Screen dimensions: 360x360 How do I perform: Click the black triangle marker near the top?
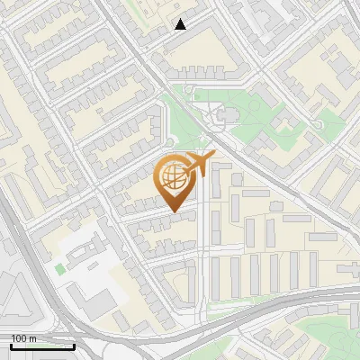(x=181, y=24)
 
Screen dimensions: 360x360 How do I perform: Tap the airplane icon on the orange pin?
(x=197, y=165)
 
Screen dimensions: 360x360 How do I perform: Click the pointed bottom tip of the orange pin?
(x=175, y=212)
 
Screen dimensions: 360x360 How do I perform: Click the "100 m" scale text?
(x=24, y=337)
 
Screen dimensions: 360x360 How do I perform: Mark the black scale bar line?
(x=42, y=346)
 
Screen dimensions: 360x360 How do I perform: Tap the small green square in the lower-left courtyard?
(x=60, y=268)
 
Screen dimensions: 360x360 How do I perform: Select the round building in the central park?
(x=225, y=115)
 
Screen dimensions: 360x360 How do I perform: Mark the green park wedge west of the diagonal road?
(x=180, y=121)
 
